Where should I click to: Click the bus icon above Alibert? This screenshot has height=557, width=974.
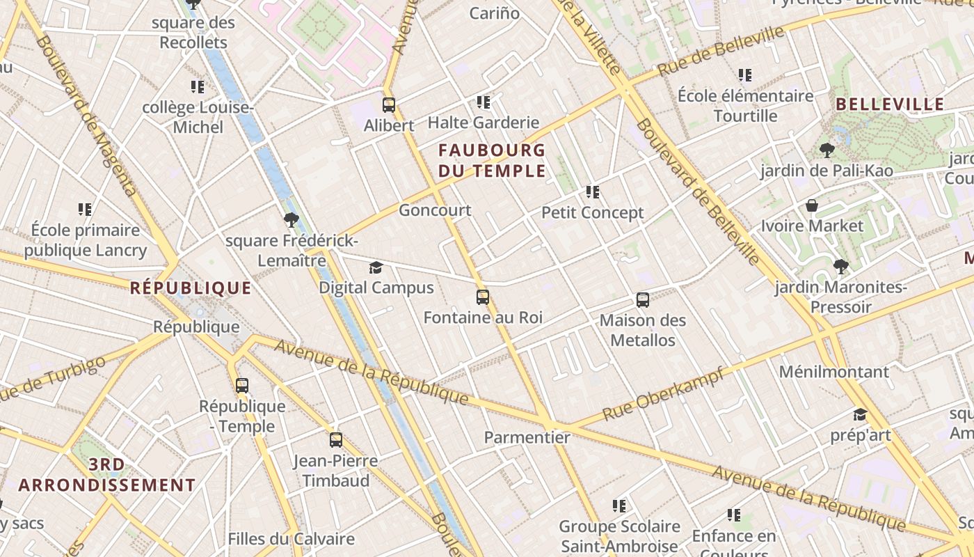389,105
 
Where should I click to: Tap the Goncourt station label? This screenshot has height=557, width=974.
435,210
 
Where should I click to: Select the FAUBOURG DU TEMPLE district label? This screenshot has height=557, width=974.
492,160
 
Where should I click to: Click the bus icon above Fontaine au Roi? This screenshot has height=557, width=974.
483,297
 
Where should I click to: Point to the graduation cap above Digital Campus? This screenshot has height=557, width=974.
376,267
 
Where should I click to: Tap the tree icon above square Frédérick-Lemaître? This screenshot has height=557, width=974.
291,221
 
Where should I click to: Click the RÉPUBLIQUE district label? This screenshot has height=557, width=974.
191,288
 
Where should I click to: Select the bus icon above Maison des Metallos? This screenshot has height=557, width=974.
643,300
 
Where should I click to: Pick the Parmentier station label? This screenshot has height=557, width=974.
527,438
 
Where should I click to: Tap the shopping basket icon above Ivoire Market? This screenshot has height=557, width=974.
811,205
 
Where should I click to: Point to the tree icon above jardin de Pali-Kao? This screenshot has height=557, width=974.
827,150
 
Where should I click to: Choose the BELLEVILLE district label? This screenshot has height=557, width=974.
890,105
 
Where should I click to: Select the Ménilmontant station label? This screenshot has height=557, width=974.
833,372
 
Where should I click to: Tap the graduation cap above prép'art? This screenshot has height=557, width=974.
860,415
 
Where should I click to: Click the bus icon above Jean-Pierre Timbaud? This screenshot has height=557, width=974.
336,440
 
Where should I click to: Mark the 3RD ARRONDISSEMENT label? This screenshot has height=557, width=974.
107,475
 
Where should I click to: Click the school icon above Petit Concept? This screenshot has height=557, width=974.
593,191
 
